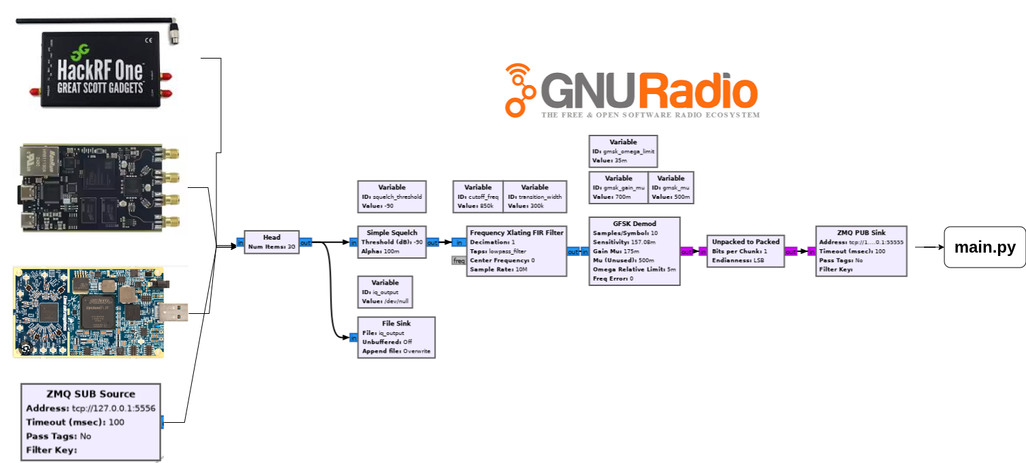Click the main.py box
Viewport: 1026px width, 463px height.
984,247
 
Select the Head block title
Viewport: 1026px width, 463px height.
271,238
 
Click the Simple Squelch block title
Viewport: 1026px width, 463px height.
392,233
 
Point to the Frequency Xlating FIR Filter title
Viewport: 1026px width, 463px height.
516,233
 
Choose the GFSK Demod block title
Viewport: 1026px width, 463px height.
633,223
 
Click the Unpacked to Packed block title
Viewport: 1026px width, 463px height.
746,241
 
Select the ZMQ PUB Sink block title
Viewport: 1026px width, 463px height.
861,232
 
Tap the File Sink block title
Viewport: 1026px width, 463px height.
395,323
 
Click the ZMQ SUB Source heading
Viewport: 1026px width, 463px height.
90,394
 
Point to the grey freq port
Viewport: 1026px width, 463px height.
459,260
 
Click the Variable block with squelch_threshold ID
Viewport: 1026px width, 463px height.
392,197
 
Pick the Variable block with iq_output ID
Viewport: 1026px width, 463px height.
385,292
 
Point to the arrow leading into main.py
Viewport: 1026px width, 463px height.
929,247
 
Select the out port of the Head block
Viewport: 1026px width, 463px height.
305,242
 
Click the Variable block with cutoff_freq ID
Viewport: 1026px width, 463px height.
478,197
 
